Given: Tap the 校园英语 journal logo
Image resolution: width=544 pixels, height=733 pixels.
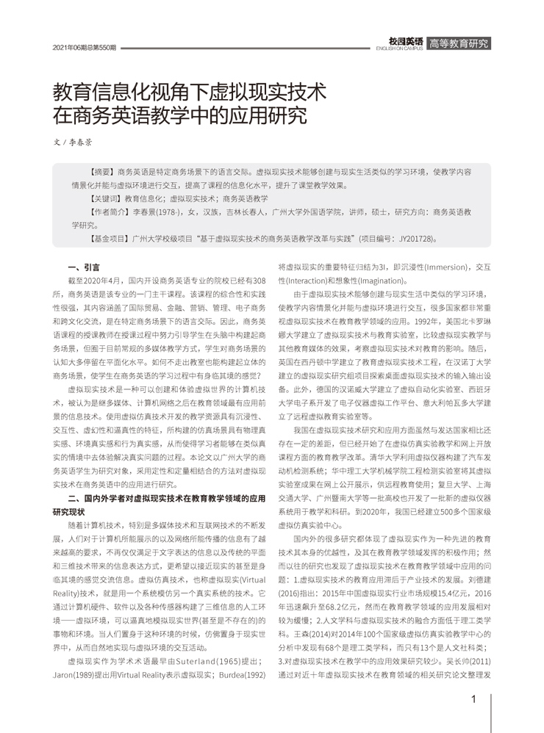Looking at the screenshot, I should [405, 43].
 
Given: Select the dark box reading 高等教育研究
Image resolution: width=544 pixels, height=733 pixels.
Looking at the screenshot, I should [458, 43].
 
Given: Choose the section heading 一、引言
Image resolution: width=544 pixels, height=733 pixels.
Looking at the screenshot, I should [83, 268].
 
